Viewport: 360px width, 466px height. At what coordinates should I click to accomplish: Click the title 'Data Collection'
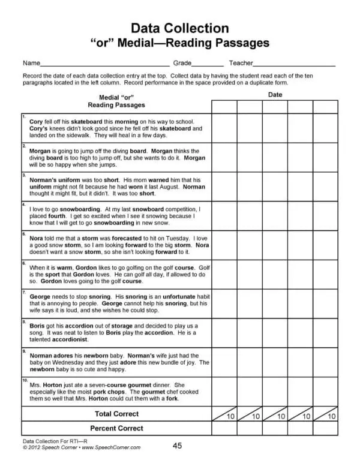pos(180,28)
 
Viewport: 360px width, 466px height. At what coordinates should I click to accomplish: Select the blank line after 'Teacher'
pos(294,64)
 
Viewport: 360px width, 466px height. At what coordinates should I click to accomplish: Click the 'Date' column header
pos(275,95)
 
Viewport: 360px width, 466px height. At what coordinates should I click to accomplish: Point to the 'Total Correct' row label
pos(116,414)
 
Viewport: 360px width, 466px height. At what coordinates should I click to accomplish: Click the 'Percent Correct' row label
pos(116,428)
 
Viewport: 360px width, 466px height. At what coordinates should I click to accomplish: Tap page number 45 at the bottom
pos(177,446)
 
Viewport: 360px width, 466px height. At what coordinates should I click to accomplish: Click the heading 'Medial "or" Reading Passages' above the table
pos(116,101)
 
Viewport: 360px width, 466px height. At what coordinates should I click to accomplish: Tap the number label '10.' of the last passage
pos(25,380)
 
